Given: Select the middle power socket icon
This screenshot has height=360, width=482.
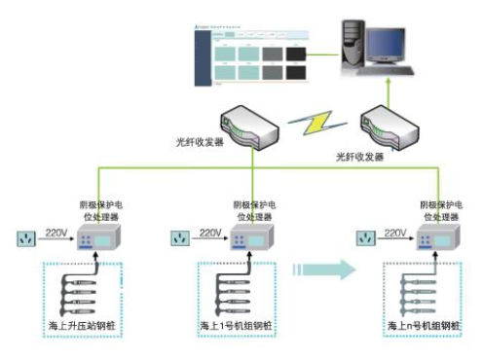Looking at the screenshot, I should (x=178, y=237).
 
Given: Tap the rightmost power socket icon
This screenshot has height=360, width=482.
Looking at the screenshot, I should (x=364, y=237).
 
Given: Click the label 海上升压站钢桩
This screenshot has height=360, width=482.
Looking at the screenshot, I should (x=82, y=324).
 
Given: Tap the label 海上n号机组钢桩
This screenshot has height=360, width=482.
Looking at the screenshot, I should (x=426, y=324).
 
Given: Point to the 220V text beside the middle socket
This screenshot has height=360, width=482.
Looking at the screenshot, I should (x=210, y=234).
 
